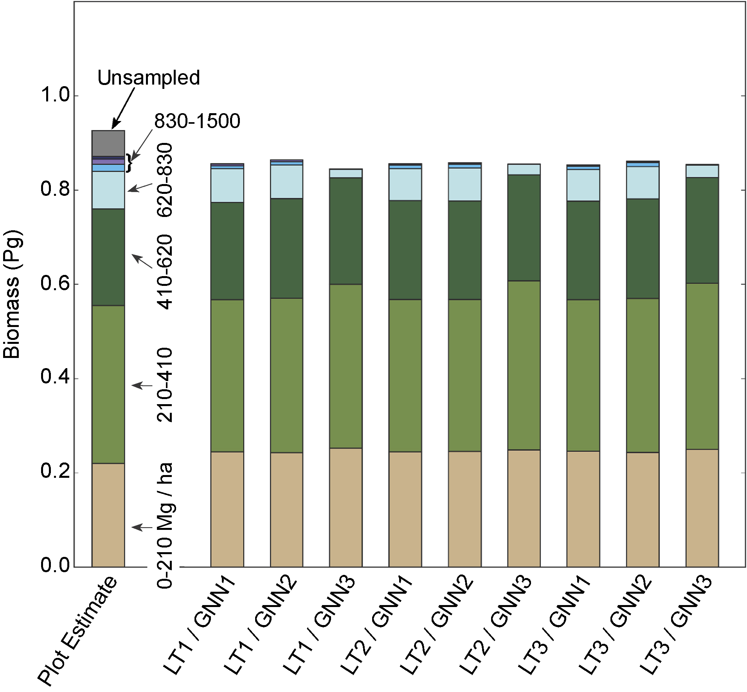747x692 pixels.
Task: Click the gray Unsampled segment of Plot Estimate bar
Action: [x=108, y=143]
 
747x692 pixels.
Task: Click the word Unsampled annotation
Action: [x=148, y=78]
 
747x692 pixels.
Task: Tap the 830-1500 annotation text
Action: [x=197, y=121]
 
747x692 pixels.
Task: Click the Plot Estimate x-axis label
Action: [x=78, y=631]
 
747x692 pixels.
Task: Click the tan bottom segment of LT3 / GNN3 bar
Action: [x=702, y=508]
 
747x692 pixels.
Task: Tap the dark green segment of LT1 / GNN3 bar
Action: [x=346, y=231]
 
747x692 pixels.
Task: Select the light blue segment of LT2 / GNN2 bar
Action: [x=464, y=184]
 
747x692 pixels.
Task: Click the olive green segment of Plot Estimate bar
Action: [x=108, y=384]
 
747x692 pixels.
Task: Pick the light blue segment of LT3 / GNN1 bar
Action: [x=583, y=185]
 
